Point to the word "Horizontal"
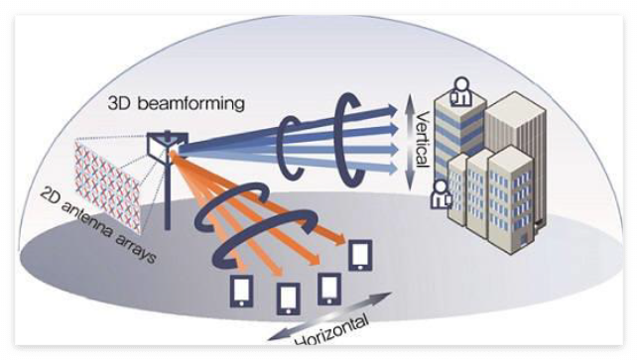coord(334,330)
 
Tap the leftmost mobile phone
coord(241,290)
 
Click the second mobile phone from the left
coord(289,298)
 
